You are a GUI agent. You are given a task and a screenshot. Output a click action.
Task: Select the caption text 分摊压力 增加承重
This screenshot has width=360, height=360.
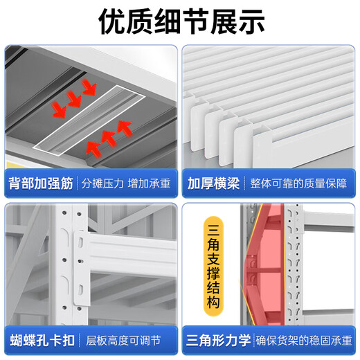coord(126,184)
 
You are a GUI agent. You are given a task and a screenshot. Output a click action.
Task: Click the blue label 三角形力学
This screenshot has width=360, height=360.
coord(216,341)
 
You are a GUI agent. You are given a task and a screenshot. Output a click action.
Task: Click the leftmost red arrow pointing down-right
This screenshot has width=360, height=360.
coord(59,107)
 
